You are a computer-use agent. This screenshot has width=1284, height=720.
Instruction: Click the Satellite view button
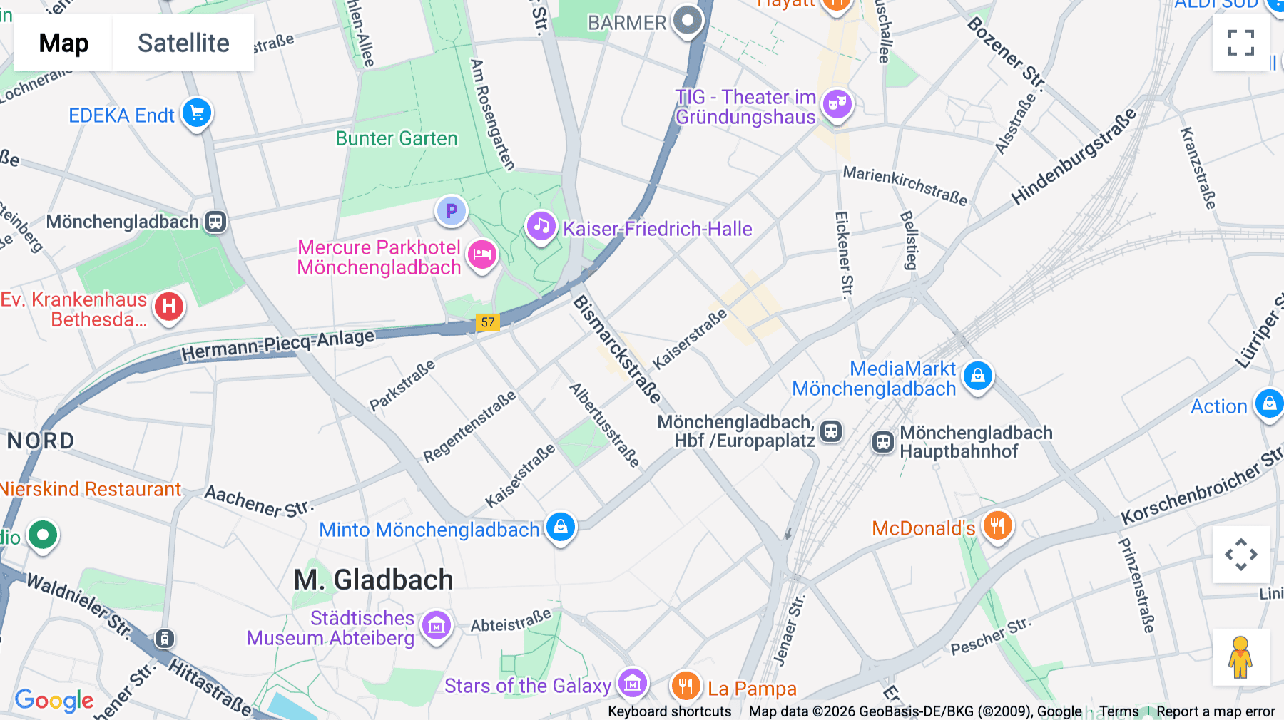(183, 43)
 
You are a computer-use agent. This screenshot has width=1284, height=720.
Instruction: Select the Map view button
(63, 43)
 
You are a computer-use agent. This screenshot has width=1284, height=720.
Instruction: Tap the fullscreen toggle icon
(1240, 43)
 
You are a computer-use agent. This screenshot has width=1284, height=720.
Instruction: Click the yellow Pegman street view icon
(1240, 657)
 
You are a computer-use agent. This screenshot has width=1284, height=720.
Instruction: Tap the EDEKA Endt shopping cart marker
(197, 113)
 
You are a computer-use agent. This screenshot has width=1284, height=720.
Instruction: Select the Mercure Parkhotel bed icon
(482, 254)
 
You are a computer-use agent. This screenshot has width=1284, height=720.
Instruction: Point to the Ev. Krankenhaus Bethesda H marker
(169, 307)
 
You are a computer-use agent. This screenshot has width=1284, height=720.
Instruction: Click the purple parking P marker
(452, 211)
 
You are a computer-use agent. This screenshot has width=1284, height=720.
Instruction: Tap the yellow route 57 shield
(488, 322)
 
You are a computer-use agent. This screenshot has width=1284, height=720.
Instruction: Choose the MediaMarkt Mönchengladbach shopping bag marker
(977, 375)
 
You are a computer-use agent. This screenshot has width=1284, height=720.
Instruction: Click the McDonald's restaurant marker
(997, 526)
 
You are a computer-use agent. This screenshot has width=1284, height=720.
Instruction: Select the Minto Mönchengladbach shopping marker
(561, 528)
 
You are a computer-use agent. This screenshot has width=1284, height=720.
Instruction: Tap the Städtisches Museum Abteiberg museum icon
(437, 626)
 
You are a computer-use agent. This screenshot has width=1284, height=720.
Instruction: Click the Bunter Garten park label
(397, 138)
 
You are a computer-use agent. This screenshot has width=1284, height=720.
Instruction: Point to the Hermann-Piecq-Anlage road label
(277, 345)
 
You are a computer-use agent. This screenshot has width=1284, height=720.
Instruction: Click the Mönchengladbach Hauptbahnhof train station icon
(883, 442)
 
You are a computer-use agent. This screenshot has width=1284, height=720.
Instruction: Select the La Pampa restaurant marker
(686, 686)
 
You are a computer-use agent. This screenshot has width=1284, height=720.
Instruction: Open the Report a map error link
(1216, 711)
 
